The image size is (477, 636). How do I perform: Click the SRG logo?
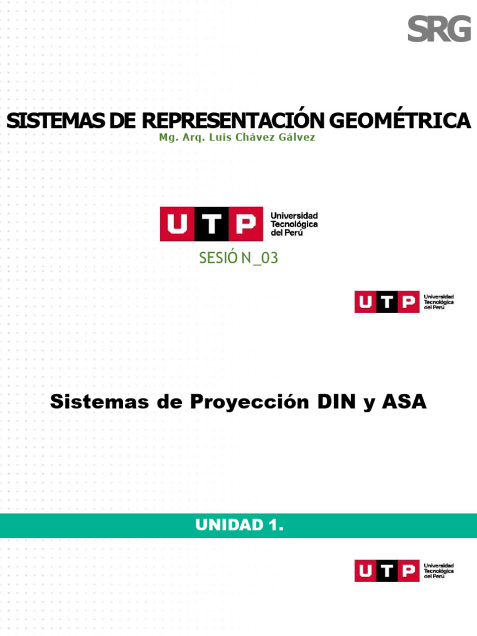439,29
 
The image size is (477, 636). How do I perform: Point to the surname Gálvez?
300,137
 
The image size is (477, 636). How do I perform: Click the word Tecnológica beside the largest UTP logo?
294,224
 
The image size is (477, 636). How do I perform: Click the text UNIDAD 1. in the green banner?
239,525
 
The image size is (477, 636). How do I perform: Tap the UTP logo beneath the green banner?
404,570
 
